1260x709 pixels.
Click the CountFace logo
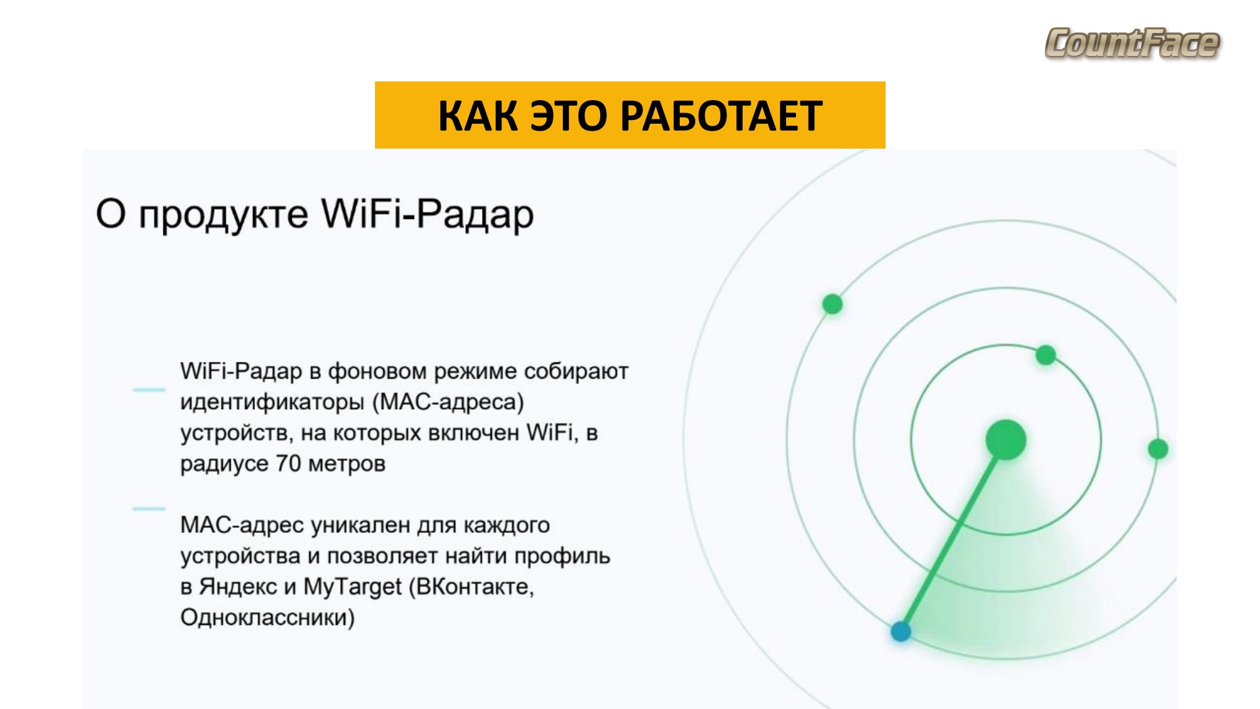1132,43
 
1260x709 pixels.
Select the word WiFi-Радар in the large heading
427,215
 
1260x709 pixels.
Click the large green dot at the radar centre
1006,440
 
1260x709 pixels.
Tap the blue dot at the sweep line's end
901,631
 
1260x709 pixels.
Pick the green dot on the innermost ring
1046,355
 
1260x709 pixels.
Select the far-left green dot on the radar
832,304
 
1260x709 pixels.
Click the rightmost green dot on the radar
1158,448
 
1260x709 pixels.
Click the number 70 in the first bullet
289,463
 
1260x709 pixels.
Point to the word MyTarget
353,586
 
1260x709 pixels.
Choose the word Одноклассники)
267,618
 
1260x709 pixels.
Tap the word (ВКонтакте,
471,586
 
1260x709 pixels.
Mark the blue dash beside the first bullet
149,390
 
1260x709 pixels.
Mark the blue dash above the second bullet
149,509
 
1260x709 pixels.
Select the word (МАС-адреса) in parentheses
448,402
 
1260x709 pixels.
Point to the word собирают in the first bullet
576,371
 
